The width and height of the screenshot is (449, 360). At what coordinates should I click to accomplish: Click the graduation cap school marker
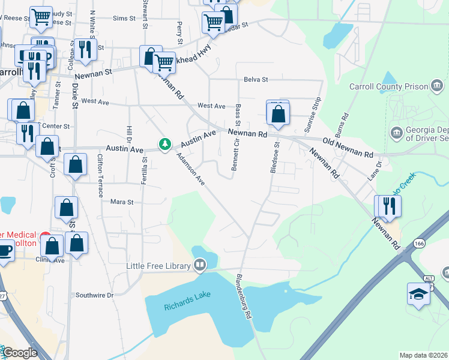(418, 293)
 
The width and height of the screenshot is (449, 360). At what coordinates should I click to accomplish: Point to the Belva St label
(255, 79)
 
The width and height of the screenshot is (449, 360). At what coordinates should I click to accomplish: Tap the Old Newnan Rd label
(348, 149)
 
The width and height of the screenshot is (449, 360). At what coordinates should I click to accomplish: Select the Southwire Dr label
(94, 295)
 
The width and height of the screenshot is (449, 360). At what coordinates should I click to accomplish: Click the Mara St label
(122, 202)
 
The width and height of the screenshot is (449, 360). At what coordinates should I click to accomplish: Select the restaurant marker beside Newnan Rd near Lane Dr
(388, 206)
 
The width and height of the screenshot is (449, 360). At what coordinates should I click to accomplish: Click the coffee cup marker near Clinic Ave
(4, 250)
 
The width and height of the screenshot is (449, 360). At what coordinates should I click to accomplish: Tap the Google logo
(20, 353)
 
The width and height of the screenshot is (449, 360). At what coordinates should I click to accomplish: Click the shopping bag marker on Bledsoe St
(278, 113)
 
